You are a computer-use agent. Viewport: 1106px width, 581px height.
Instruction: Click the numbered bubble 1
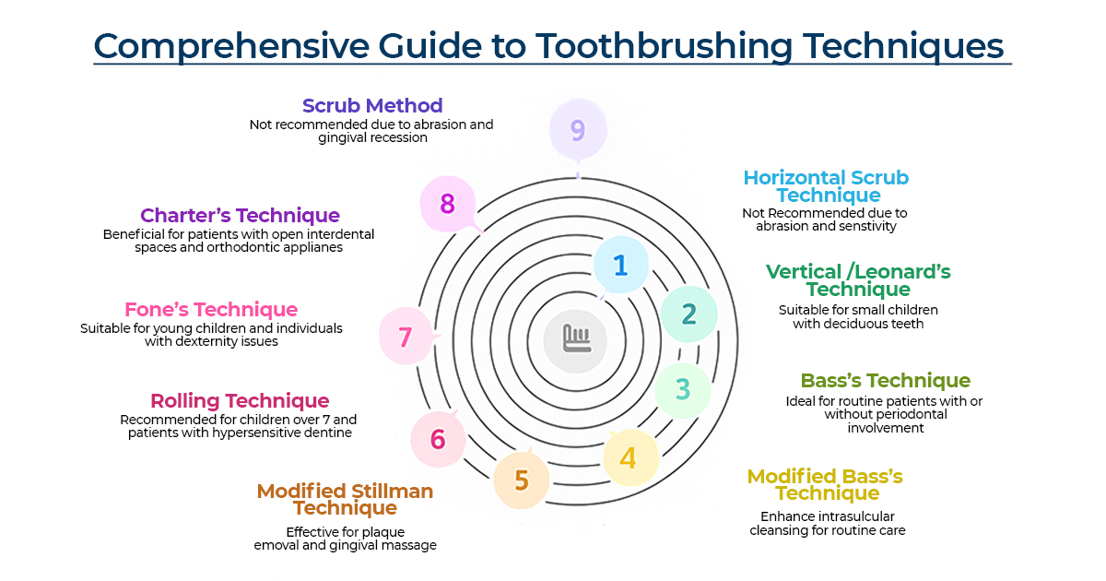point(620,265)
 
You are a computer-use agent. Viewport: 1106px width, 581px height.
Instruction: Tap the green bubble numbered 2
point(688,314)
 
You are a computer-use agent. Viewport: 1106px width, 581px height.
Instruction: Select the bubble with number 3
point(682,389)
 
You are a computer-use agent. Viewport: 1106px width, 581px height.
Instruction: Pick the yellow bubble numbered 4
point(629,457)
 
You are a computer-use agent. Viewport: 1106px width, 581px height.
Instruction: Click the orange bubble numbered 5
point(522,480)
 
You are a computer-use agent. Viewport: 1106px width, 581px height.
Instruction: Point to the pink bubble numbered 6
point(438,439)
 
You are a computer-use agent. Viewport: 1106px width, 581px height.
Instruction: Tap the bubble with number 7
point(406,337)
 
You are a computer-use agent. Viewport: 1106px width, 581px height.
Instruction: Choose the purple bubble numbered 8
point(447,204)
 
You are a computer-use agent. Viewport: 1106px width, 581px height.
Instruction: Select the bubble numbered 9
point(578,130)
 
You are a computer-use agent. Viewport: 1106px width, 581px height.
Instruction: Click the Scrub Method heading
point(372,106)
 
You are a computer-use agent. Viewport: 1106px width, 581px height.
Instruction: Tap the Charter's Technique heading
point(240,216)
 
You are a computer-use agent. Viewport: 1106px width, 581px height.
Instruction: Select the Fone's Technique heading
point(211,310)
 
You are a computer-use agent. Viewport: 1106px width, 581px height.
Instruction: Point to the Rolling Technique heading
point(240,401)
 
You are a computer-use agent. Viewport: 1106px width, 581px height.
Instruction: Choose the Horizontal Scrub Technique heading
point(827,186)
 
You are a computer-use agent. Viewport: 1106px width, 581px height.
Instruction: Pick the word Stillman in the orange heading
point(384,492)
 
